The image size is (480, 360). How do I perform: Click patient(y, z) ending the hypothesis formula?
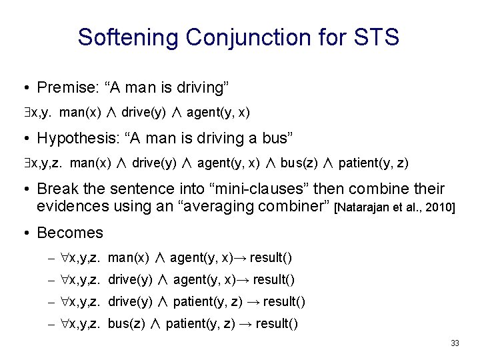pyautogui.click(x=379, y=163)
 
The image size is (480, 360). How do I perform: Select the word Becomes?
pyautogui.click(x=70, y=233)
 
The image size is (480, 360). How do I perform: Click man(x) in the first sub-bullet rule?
pyautogui.click(x=129, y=257)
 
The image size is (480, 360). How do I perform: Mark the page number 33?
pyautogui.click(x=455, y=343)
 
